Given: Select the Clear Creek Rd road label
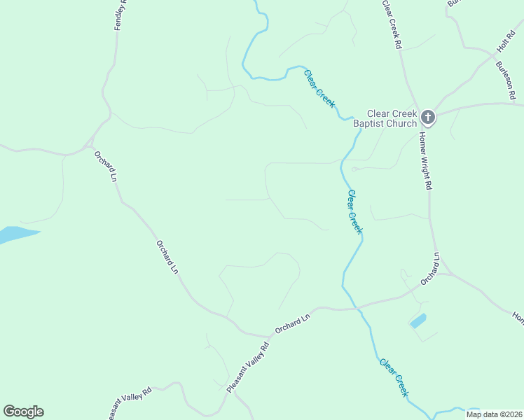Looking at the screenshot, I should pyautogui.click(x=392, y=24).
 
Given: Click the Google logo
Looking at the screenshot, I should pyautogui.click(x=23, y=412).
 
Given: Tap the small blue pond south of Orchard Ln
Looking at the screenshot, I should pyautogui.click(x=418, y=321).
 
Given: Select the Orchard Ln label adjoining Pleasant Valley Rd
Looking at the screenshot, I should pyautogui.click(x=292, y=323).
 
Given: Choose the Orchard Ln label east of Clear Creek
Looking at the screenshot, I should pyautogui.click(x=429, y=269).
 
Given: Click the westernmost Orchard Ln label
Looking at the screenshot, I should pyautogui.click(x=105, y=165).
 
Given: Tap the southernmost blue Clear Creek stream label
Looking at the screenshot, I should pyautogui.click(x=394, y=377).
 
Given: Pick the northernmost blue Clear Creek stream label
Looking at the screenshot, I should pyautogui.click(x=319, y=87).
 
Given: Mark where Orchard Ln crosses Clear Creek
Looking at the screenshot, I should pyautogui.click(x=355, y=307).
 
